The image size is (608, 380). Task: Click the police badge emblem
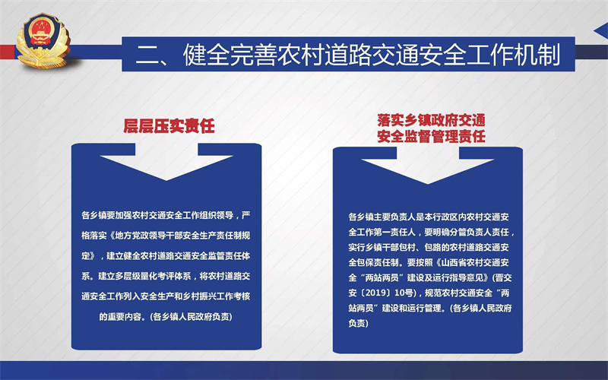click(x=43, y=40)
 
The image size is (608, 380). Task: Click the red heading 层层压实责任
click(x=169, y=126)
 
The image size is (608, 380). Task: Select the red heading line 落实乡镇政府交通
click(x=431, y=120)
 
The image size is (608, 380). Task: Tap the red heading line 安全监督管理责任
click(x=431, y=136)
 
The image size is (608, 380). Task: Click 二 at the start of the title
click(x=146, y=54)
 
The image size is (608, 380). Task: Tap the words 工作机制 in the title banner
click(x=513, y=54)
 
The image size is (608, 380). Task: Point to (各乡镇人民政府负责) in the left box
click(x=192, y=317)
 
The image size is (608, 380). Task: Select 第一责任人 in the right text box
click(x=394, y=233)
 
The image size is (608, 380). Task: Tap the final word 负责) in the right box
click(x=358, y=323)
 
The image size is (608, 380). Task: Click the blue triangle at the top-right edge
click(x=601, y=30)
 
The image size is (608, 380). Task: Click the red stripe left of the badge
click(x=8, y=52)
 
